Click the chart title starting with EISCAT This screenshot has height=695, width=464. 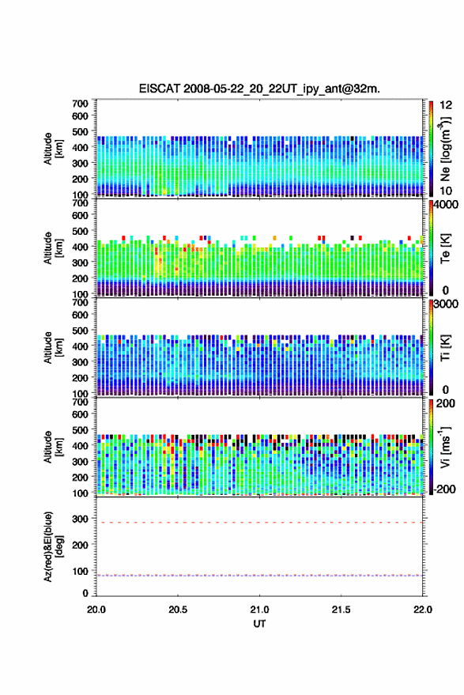[259, 89]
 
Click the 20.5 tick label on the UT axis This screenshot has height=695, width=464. [178, 610]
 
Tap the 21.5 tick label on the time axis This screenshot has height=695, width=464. [341, 610]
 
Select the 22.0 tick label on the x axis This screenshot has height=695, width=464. [422, 610]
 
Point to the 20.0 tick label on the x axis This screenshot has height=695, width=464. [96, 610]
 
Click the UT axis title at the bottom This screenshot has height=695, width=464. [259, 624]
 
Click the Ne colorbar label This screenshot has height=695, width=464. [445, 149]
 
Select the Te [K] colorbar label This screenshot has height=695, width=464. [445, 248]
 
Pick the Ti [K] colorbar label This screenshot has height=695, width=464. [445, 348]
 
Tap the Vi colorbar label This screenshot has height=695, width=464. [445, 447]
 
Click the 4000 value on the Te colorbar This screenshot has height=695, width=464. [446, 206]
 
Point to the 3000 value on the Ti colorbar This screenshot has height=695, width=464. [446, 304]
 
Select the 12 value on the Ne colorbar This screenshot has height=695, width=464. [446, 105]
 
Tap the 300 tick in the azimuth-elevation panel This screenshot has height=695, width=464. [80, 519]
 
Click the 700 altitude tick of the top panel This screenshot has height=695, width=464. [80, 104]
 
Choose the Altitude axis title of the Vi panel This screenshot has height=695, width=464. [53, 447]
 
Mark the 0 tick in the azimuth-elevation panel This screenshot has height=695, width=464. [85, 593]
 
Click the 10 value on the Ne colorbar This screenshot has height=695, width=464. [446, 191]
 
